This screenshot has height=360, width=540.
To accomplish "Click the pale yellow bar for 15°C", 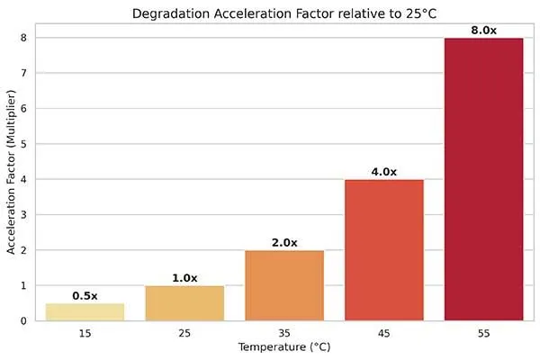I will click(85, 311).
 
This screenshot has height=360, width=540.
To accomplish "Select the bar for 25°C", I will click(184, 302).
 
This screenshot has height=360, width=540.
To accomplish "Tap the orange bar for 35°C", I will click(284, 285).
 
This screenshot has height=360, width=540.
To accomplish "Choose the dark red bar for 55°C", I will click(484, 179).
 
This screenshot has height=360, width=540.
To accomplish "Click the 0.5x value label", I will click(85, 295).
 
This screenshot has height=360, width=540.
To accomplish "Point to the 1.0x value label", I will click(184, 278).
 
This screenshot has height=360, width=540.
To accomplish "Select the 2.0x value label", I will click(284, 243).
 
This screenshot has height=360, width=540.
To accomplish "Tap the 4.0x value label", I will click(384, 172).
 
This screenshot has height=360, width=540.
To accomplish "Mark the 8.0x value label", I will click(484, 31).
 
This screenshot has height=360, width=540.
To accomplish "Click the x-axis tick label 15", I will click(85, 334).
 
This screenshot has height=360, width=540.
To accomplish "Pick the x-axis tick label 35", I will click(284, 334).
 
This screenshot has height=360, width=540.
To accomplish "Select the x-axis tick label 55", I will click(484, 334).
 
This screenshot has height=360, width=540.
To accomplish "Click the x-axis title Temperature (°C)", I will click(284, 347).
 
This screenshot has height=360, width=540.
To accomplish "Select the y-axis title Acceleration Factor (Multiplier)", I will click(11, 179).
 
